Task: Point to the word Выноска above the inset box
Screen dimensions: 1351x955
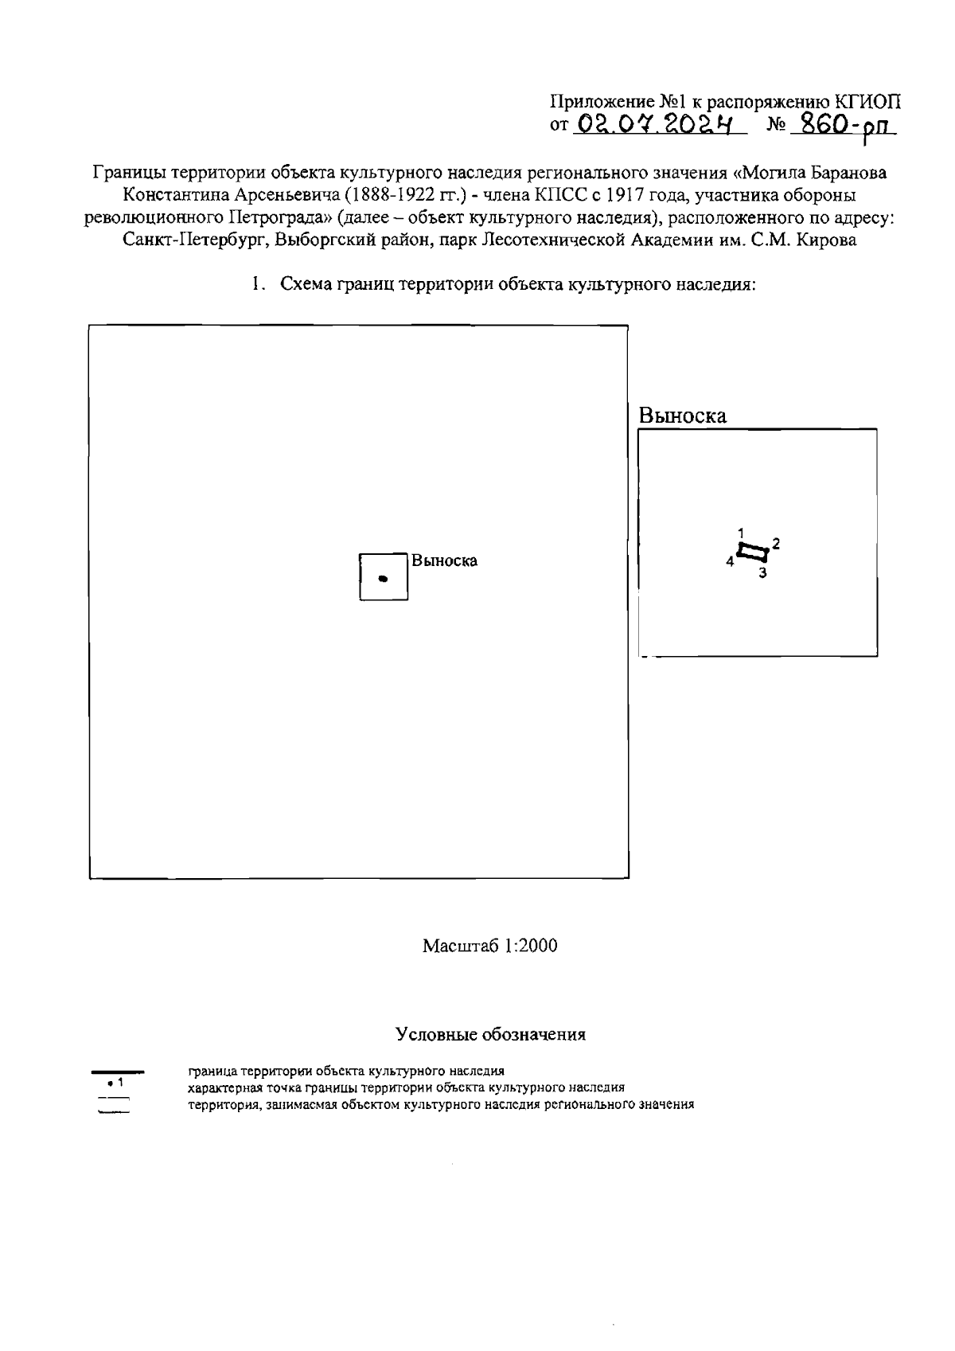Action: tap(682, 416)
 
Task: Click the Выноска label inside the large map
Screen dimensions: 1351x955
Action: tap(445, 560)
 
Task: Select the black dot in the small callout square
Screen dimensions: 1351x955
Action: tap(383, 579)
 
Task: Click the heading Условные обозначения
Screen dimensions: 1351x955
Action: tap(491, 1035)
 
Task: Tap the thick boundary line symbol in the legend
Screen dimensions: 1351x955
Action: tap(117, 1072)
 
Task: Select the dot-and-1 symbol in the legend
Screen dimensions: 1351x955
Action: tap(114, 1083)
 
